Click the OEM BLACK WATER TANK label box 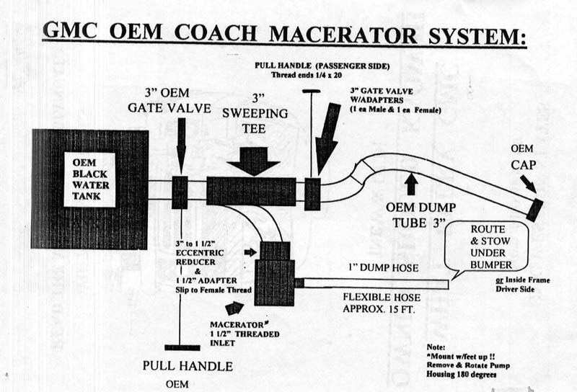pyautogui.click(x=89, y=179)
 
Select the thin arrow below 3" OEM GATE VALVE pyautogui.click(x=180, y=144)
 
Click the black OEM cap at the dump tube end pyautogui.click(x=534, y=209)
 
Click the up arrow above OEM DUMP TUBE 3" pyautogui.click(x=411, y=184)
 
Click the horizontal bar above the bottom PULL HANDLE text pyautogui.click(x=181, y=347)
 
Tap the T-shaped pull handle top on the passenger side pyautogui.click(x=311, y=92)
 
